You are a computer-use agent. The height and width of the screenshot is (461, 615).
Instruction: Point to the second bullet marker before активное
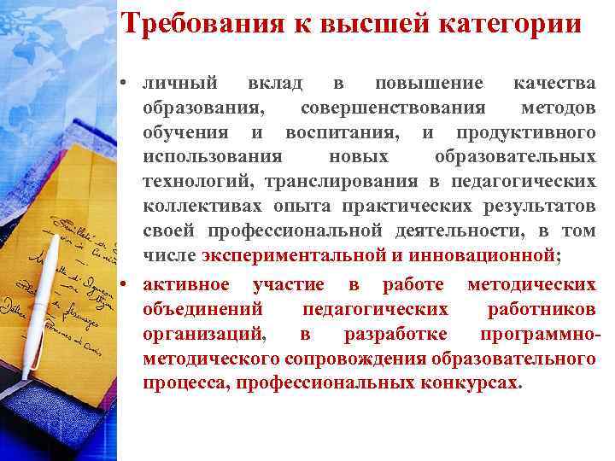coord(126,284)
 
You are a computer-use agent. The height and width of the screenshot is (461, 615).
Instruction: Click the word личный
coord(179,84)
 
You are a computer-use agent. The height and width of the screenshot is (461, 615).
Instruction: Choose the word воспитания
coord(341,133)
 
